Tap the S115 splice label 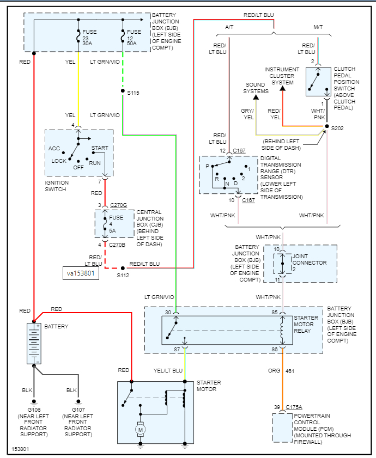[x=134, y=93]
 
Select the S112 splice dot [x=123, y=268]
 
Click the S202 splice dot [x=326, y=127]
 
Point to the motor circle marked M [x=140, y=430]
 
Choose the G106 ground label [x=34, y=410]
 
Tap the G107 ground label [x=78, y=410]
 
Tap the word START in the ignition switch [x=100, y=148]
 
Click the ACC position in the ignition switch [x=54, y=148]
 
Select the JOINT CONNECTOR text [x=310, y=259]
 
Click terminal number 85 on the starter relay [x=275, y=312]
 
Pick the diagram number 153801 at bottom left [x=21, y=450]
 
